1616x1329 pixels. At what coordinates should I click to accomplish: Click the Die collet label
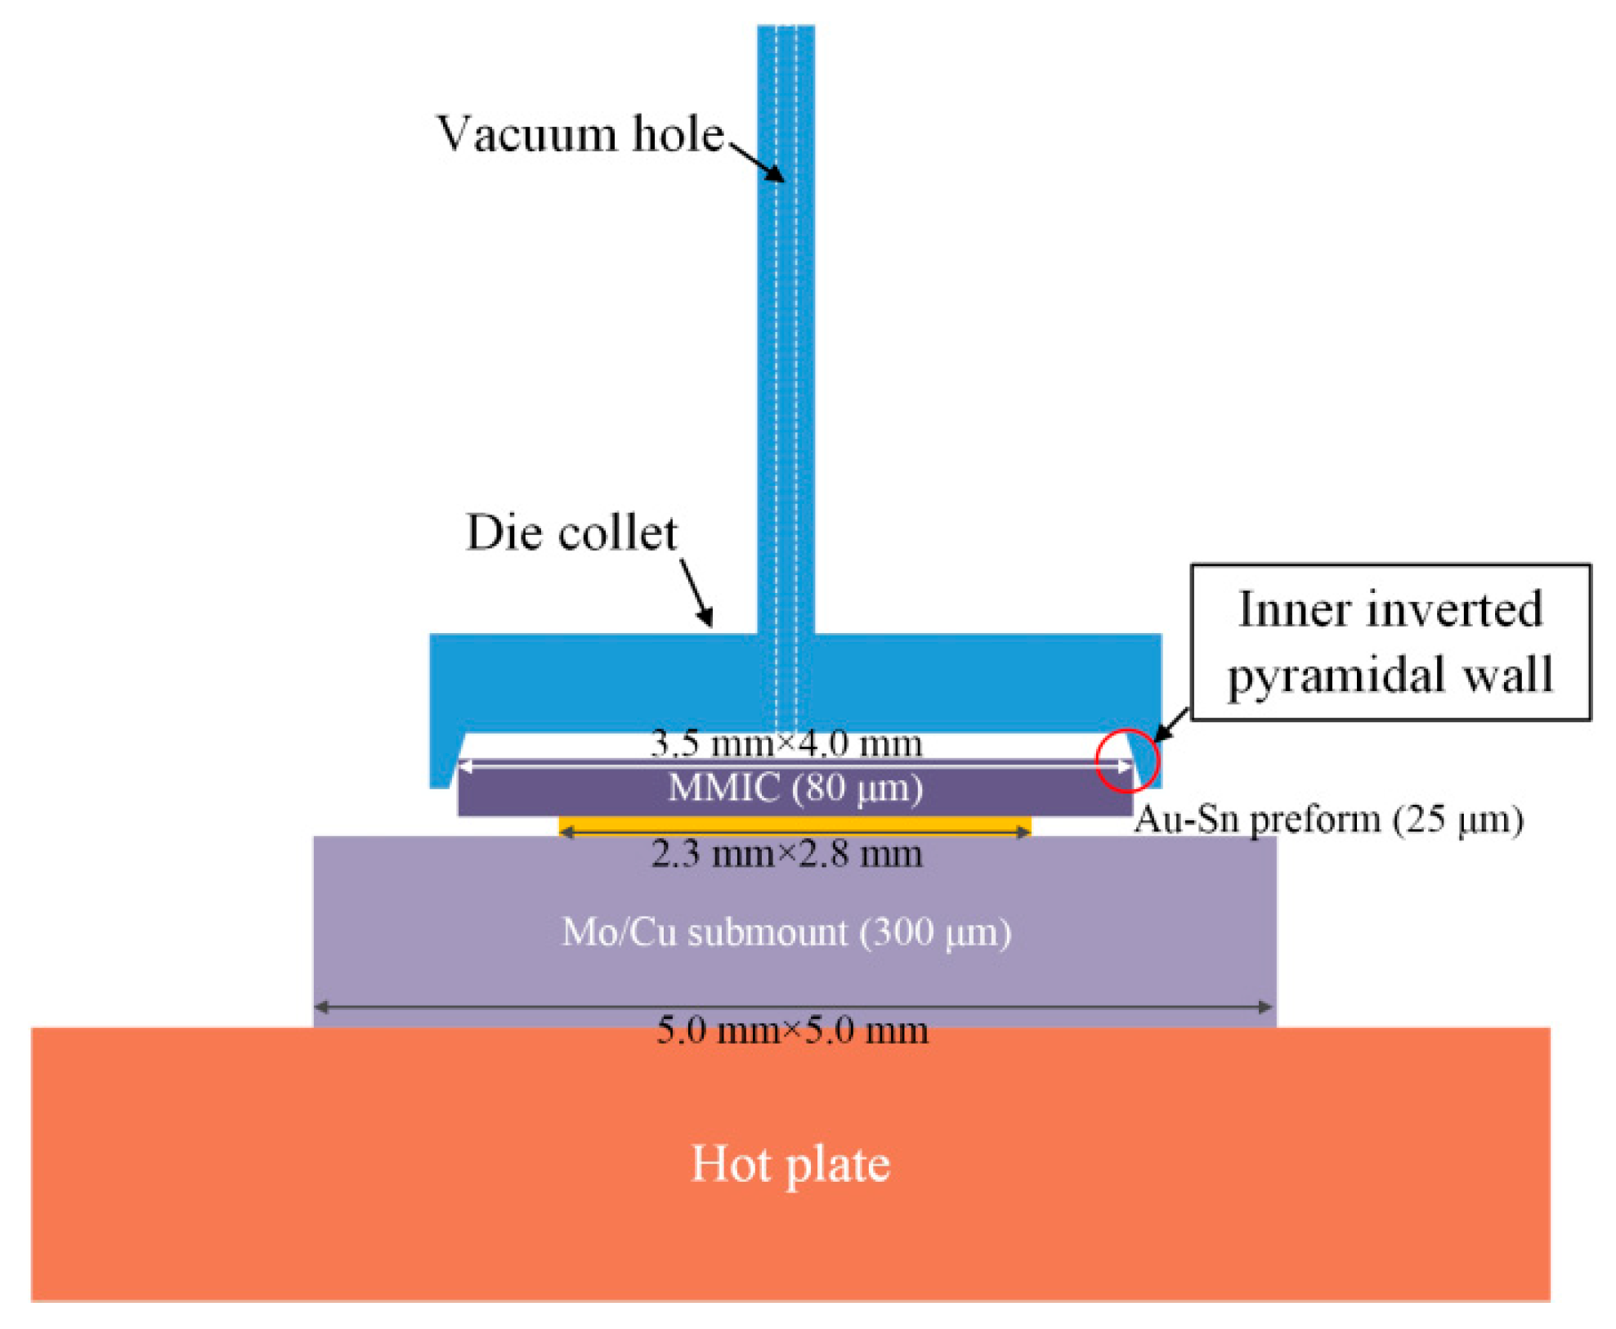tap(571, 532)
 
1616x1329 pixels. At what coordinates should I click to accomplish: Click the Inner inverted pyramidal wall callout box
tap(1389, 642)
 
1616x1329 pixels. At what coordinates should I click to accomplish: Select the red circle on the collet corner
tap(1126, 761)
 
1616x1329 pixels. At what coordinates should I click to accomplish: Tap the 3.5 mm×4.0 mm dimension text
tap(786, 743)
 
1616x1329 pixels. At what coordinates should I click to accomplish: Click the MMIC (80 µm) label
tap(795, 788)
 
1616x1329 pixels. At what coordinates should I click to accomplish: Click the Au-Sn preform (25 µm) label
tap(1328, 819)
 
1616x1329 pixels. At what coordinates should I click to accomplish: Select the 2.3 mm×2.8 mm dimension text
tap(786, 854)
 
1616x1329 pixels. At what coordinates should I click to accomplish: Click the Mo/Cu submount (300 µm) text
tap(786, 932)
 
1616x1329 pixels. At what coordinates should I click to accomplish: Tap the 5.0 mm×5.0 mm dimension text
tap(792, 1030)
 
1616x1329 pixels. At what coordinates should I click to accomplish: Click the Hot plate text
tap(790, 1163)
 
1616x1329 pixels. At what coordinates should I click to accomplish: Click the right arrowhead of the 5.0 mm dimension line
tap(1266, 1007)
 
